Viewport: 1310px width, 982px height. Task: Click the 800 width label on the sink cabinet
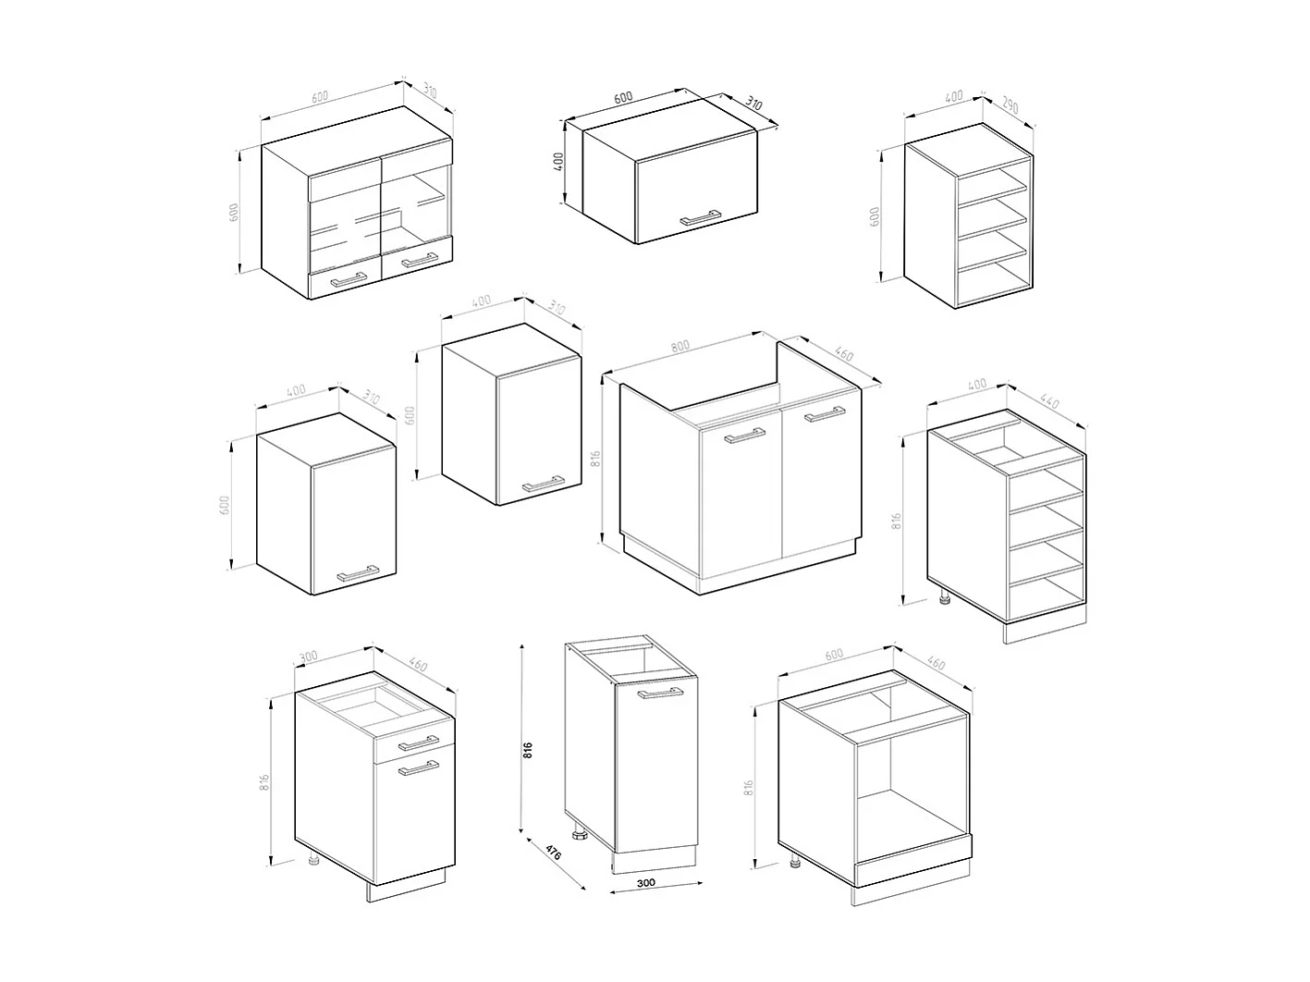[680, 346]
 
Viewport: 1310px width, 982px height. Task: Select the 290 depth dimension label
[1009, 106]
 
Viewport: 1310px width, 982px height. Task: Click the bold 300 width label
[646, 883]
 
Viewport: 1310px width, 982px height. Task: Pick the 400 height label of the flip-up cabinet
[557, 164]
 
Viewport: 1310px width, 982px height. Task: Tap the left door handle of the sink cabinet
[745, 436]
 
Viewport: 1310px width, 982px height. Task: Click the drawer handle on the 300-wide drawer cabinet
[418, 743]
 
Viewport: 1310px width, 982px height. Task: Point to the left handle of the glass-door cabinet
[349, 278]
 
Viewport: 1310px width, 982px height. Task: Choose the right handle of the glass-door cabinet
[419, 261]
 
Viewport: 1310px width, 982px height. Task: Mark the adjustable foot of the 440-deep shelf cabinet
[945, 598]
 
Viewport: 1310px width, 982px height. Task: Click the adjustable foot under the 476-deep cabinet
[580, 836]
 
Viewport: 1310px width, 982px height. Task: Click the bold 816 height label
[528, 749]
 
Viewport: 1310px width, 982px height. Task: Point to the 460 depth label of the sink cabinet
[842, 353]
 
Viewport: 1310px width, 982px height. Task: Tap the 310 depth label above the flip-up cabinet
[753, 104]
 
